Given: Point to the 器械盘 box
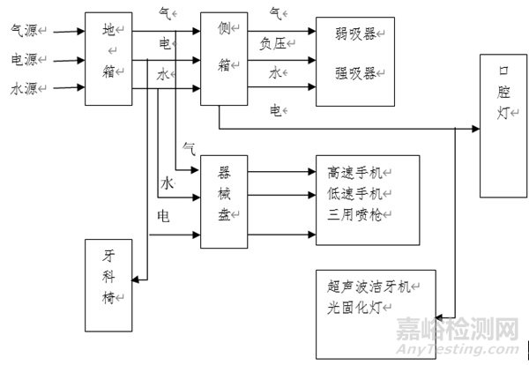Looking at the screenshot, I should pos(224,201).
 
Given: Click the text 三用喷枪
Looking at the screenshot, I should pos(353,212).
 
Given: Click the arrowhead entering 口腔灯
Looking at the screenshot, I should pos(476,129).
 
